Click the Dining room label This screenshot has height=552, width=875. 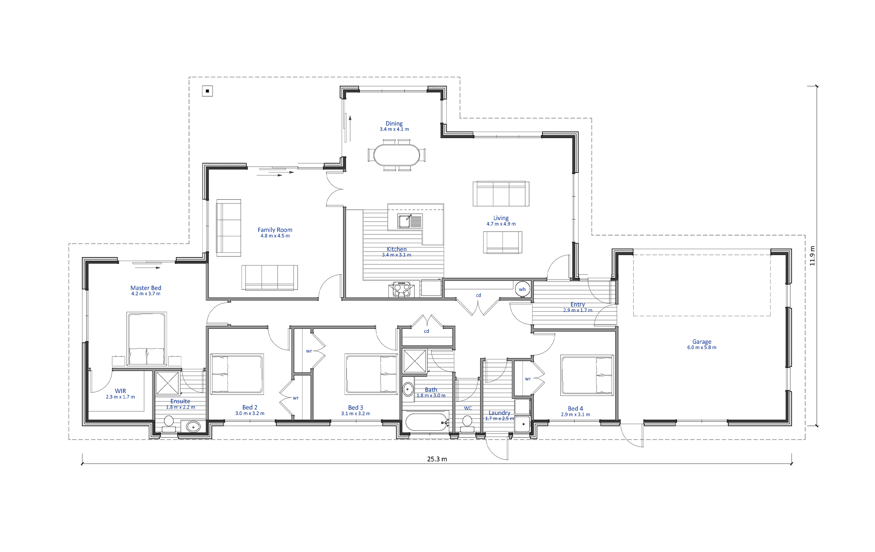394,124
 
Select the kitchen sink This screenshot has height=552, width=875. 410,221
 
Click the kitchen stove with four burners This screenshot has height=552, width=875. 401,289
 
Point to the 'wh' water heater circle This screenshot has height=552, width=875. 522,289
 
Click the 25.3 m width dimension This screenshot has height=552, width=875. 437,459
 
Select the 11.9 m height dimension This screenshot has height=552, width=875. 812,256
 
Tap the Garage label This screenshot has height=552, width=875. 702,342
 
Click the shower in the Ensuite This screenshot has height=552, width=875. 168,383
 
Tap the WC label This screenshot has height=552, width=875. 468,408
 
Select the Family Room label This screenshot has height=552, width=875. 275,230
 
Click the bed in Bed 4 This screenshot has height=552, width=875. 587,375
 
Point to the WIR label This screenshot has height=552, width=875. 120,391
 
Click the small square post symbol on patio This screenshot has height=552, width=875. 207,91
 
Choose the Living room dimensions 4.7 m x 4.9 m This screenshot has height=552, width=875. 501,224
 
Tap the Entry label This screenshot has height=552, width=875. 577,304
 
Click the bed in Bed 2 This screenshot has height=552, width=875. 237,374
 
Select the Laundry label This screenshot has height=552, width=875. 499,413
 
